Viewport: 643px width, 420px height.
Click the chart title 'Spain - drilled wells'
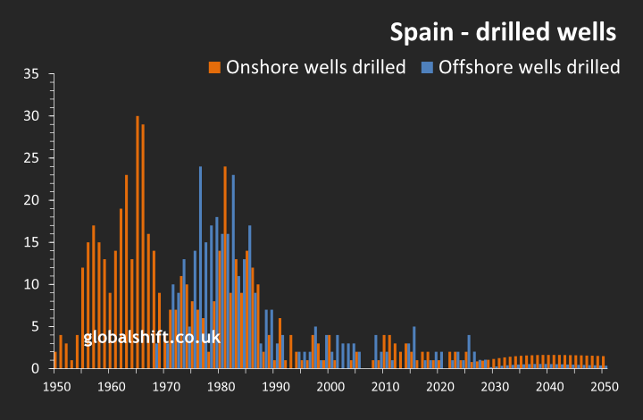(x=503, y=32)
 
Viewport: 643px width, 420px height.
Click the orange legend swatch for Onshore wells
(x=214, y=67)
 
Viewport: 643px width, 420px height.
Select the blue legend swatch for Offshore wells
(x=427, y=67)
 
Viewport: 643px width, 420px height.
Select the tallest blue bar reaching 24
(x=200, y=267)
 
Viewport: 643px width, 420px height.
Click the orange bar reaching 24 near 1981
(x=225, y=267)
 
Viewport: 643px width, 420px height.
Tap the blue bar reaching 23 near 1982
(x=233, y=272)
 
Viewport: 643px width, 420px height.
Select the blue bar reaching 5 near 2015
(x=413, y=347)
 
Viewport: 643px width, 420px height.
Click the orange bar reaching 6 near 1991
(x=280, y=343)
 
